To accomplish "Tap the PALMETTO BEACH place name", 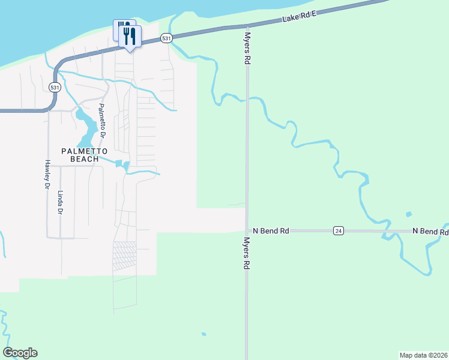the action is (x=83, y=155).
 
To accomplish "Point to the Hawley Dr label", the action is (x=46, y=175).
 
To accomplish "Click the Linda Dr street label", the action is (x=60, y=203).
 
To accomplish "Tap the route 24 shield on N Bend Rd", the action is (x=339, y=230).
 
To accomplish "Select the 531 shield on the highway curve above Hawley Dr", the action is (x=55, y=87).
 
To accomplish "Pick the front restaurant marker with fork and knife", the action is (x=130, y=37).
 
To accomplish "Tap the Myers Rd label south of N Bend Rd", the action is (x=246, y=252).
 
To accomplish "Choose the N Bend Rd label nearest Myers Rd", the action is (x=271, y=230).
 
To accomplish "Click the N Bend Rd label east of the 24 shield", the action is (x=430, y=231).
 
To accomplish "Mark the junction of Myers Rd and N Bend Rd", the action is (x=247, y=230).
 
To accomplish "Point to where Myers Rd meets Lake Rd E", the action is (x=247, y=26).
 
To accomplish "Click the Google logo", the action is (x=20, y=353).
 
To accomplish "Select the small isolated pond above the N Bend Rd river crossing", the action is (x=409, y=214).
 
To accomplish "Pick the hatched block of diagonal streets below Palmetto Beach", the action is (x=125, y=255).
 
